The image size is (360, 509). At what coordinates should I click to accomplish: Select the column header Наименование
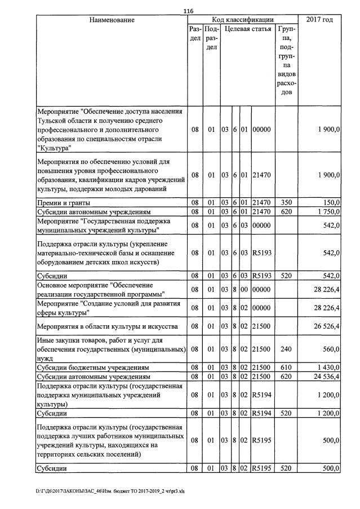[112, 20]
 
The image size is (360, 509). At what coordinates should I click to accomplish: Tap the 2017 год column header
[319, 20]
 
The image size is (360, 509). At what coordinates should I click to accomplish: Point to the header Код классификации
[242, 20]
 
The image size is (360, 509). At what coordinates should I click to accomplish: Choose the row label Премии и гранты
[63, 202]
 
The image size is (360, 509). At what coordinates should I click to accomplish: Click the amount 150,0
[330, 202]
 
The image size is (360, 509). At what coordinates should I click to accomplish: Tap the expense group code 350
[285, 202]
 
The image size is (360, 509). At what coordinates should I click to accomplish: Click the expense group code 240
[285, 349]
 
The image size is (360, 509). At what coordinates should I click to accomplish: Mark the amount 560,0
[330, 349]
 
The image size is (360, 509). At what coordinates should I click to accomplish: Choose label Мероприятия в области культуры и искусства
[106, 326]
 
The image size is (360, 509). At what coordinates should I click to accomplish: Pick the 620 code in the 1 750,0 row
[285, 211]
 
